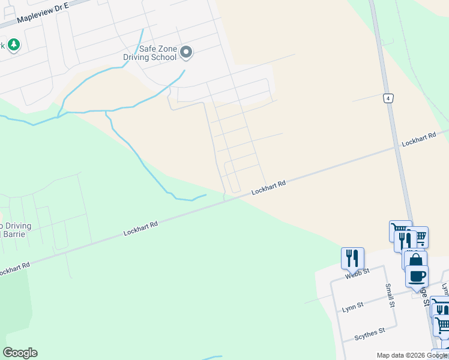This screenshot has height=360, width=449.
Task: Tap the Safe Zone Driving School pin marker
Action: click(x=186, y=53)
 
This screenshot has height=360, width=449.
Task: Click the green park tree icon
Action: click(x=13, y=44)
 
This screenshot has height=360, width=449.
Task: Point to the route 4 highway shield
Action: click(x=389, y=98)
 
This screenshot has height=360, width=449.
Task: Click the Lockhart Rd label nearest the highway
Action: click(x=418, y=142)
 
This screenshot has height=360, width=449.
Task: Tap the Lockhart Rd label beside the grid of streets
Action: click(x=268, y=187)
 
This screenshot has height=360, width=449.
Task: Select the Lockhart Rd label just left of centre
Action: click(x=141, y=227)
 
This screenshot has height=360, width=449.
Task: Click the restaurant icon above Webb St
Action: click(x=352, y=258)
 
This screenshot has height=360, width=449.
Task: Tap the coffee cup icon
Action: click(x=417, y=277)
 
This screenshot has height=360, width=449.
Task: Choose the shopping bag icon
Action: click(x=415, y=260)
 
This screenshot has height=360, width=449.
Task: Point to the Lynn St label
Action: click(x=352, y=306)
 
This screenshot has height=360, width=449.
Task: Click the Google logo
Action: click(x=20, y=353)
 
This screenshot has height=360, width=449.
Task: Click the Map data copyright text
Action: click(x=412, y=355)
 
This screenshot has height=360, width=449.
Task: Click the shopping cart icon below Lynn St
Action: click(x=443, y=326)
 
